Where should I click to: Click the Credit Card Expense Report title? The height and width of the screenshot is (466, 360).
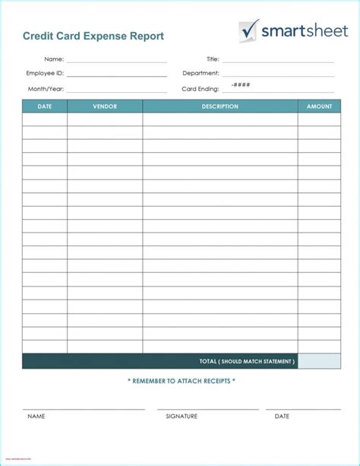[93, 36]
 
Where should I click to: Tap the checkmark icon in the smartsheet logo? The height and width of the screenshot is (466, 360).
[248, 30]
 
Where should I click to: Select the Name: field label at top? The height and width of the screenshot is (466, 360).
[54, 59]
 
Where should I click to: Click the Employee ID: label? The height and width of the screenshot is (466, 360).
[45, 74]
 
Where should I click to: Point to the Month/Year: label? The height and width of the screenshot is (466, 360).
[46, 89]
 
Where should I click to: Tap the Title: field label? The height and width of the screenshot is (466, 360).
[213, 59]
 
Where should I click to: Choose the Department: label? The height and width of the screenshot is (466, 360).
[201, 74]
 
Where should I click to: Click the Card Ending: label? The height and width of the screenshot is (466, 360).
[201, 89]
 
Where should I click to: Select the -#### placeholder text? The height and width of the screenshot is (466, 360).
[241, 85]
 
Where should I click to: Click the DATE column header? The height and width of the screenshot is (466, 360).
[45, 106]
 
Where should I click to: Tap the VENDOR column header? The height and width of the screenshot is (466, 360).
[105, 106]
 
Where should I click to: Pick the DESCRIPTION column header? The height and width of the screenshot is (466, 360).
[220, 106]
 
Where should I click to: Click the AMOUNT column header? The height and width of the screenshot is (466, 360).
[319, 106]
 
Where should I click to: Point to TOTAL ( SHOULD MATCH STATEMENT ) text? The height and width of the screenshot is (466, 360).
[247, 361]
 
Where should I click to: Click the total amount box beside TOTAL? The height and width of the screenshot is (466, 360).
[319, 361]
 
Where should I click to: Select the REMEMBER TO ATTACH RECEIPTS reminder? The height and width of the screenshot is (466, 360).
[182, 381]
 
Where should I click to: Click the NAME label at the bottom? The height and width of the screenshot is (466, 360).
[36, 417]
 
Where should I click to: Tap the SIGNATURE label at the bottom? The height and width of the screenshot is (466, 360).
[182, 417]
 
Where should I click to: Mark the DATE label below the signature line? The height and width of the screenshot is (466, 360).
[282, 417]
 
